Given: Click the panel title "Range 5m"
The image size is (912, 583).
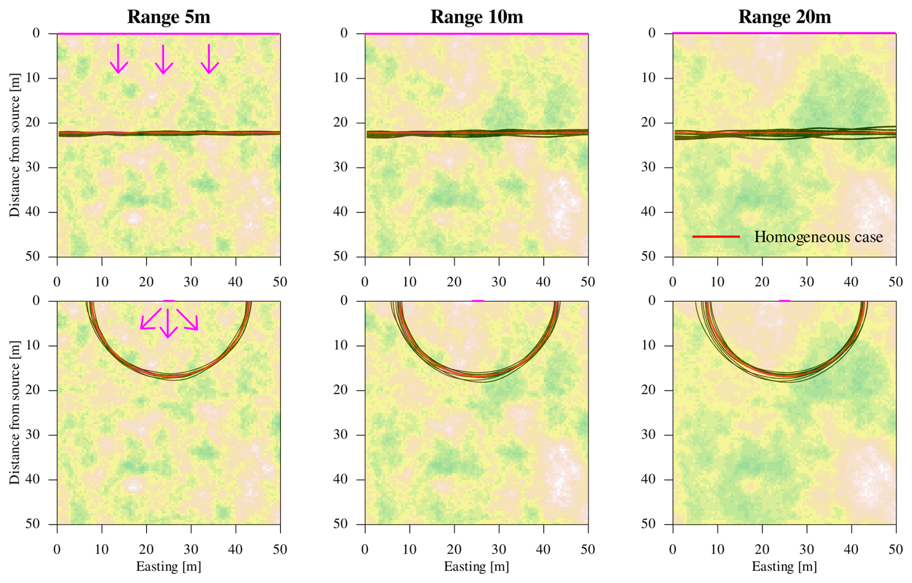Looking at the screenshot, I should (x=169, y=17).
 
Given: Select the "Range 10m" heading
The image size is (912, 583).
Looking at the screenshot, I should (x=476, y=17).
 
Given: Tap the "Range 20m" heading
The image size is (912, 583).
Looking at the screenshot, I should (x=784, y=17).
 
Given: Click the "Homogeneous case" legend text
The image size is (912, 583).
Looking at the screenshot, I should (x=818, y=237).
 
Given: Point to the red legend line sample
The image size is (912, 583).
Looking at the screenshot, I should (x=716, y=237).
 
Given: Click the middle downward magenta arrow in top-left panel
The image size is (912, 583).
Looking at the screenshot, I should (x=163, y=59).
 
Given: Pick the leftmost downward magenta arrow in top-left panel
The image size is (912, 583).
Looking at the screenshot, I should (x=119, y=59).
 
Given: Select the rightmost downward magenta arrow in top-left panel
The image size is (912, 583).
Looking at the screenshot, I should (x=209, y=59).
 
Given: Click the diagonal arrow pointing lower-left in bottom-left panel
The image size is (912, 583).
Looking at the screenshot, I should (x=150, y=319).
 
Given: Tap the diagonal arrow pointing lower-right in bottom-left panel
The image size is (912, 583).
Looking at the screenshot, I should (x=188, y=320).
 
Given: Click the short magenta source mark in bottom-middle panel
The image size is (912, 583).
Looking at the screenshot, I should (x=477, y=301).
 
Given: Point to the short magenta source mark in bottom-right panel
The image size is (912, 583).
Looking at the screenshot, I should (x=784, y=301).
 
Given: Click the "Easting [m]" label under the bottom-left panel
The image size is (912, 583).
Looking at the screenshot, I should (x=168, y=566).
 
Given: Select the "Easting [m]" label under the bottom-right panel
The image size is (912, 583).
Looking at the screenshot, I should (x=784, y=566).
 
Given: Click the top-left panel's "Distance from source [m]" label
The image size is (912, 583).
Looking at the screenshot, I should (x=15, y=145).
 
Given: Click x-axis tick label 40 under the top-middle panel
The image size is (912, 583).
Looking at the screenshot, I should (x=543, y=282).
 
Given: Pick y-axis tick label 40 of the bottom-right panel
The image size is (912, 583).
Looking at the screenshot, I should (x=648, y=479).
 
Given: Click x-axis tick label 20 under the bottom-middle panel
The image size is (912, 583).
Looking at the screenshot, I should (x=454, y=549).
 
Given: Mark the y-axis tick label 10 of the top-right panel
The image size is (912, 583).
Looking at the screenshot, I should (x=648, y=78).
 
